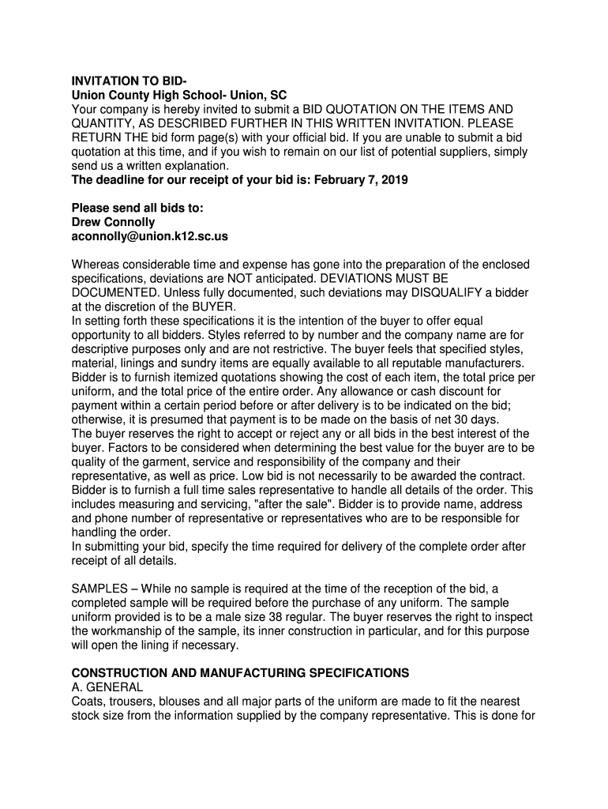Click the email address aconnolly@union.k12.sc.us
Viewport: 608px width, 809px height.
150,236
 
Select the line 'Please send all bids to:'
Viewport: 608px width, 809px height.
137,208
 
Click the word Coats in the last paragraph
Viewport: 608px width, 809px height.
87,702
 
